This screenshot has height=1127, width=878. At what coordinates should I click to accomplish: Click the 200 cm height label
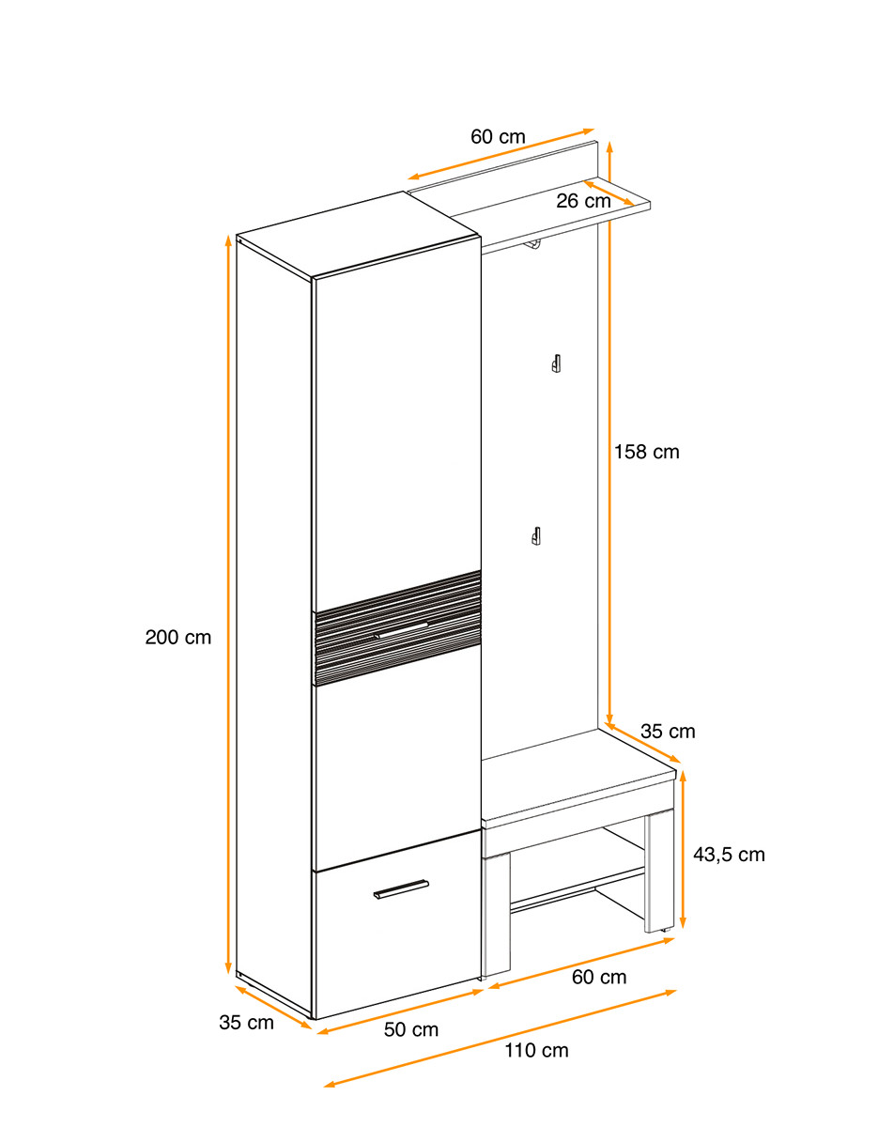coord(177,638)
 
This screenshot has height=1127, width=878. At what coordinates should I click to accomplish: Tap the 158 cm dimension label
coord(646,453)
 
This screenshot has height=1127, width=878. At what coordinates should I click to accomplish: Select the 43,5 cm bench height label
coord(729,855)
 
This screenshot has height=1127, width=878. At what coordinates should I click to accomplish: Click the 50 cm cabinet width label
coord(410,1029)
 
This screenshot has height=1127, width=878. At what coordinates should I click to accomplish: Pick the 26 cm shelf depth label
coord(583,201)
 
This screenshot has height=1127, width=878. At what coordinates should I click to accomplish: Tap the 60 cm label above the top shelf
coord(498,136)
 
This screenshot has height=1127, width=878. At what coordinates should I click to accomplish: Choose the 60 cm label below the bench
coord(599,977)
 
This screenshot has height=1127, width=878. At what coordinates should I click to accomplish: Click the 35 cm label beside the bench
coord(668,732)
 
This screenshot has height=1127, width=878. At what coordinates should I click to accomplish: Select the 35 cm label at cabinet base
coord(246,1023)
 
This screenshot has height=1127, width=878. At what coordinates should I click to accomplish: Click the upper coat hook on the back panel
coord(556,363)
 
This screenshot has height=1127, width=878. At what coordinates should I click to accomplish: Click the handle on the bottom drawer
coord(401,888)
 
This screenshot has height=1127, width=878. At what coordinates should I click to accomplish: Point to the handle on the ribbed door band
coord(400,629)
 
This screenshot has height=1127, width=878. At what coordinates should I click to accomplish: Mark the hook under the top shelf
coord(533,246)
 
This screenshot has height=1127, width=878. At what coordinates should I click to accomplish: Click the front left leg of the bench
coord(497,917)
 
